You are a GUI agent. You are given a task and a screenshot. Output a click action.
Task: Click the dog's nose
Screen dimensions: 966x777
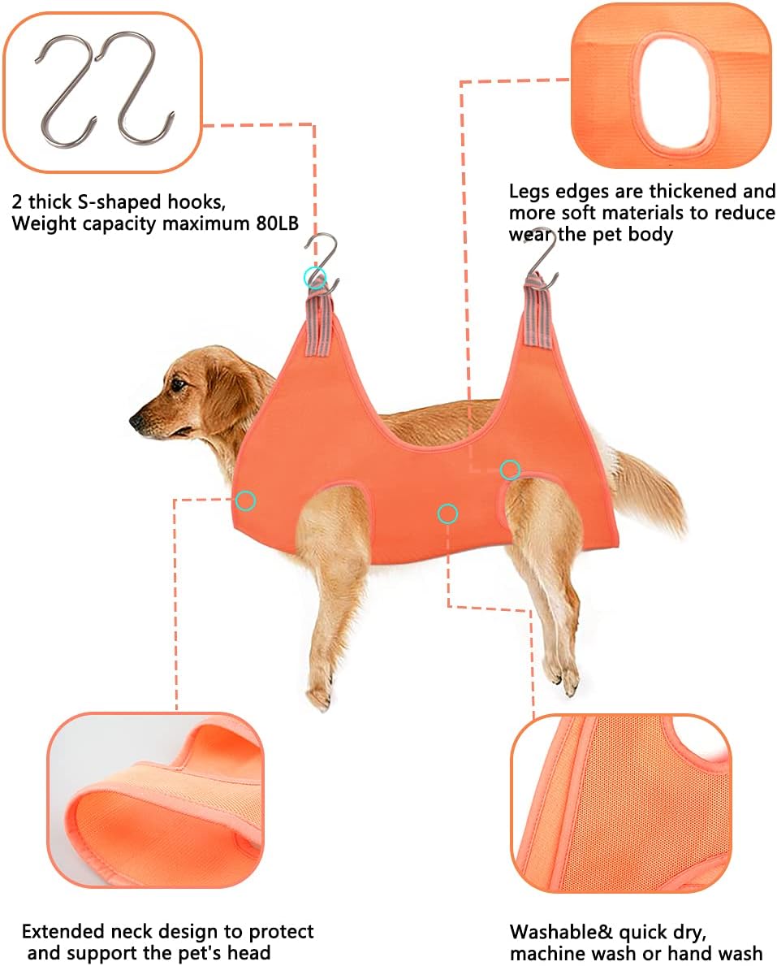(136, 421)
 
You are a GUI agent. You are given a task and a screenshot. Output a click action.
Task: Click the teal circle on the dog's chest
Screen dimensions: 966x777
(245, 500)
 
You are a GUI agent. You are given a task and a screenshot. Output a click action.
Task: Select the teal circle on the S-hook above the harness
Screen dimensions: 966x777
(314, 278)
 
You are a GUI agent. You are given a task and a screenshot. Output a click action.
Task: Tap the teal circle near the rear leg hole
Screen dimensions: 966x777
(510, 470)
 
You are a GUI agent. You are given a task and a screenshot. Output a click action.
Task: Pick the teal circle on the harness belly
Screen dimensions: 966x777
(447, 513)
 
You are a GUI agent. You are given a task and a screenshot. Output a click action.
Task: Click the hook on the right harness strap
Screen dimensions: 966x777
(542, 258)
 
